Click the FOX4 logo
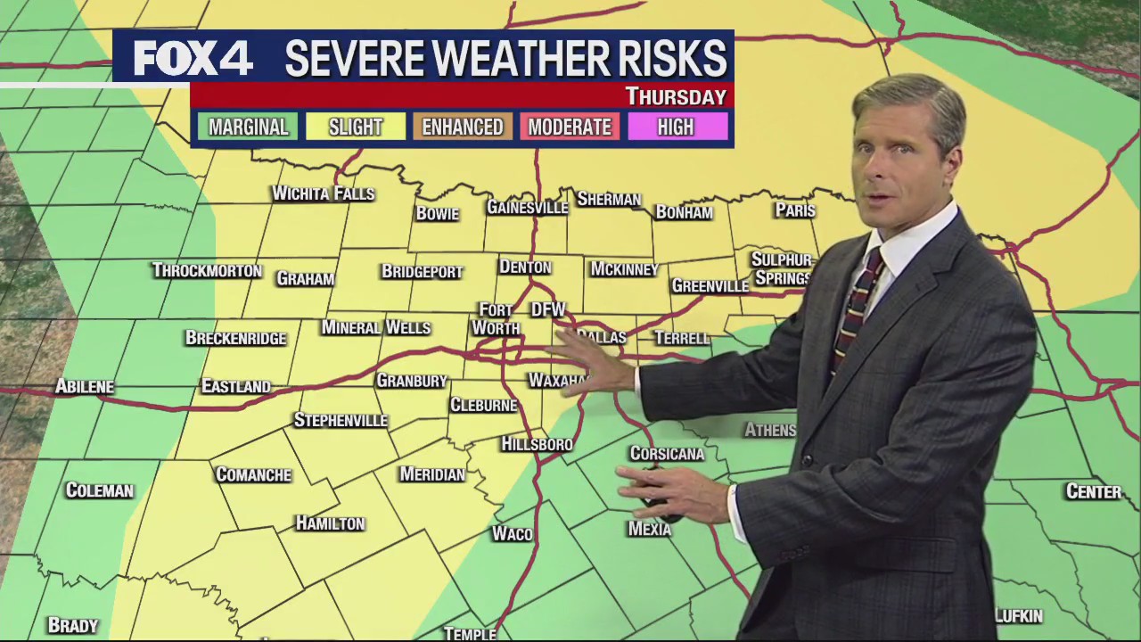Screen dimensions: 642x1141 click(x=193, y=59)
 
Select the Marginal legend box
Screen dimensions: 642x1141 click(x=248, y=127)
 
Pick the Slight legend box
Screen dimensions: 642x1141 click(x=355, y=127)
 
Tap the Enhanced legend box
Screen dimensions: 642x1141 click(x=462, y=127)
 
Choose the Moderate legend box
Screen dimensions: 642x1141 click(x=570, y=127)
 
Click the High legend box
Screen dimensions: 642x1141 click(x=676, y=127)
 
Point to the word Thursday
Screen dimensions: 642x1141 click(x=676, y=96)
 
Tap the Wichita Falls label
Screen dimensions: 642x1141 click(x=323, y=193)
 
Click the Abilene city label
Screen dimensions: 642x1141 click(x=85, y=386)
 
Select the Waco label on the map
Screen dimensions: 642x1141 click(x=512, y=534)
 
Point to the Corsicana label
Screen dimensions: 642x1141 click(x=667, y=454)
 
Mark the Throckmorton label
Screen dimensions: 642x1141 click(x=207, y=270)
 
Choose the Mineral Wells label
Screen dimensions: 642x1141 click(x=375, y=327)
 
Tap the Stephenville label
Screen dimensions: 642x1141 click(x=341, y=420)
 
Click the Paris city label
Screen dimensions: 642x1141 click(x=795, y=210)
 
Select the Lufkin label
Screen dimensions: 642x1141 click(x=1019, y=616)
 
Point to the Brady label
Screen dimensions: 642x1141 click(x=72, y=626)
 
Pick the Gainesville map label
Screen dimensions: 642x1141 click(x=527, y=208)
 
